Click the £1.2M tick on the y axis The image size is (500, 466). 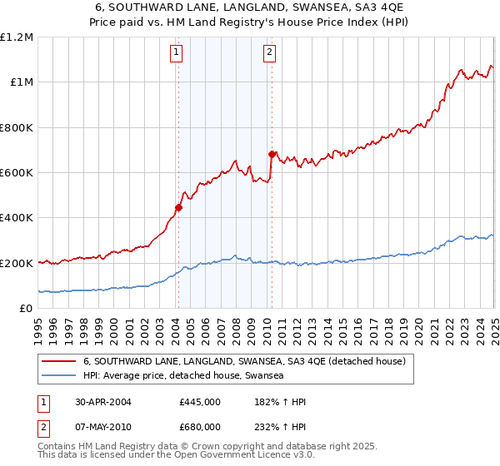pyautogui.click(x=17, y=37)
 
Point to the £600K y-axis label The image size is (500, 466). pyautogui.click(x=17, y=172)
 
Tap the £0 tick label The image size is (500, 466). pyautogui.click(x=27, y=308)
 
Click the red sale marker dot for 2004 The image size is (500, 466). pyautogui.click(x=178, y=208)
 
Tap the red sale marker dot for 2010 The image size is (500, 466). pyautogui.click(x=271, y=154)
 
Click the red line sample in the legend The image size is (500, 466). pyautogui.click(x=58, y=361)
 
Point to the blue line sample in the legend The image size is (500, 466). pyautogui.click(x=58, y=375)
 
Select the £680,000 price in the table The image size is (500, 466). pyautogui.click(x=200, y=426)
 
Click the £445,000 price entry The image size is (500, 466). pyautogui.click(x=200, y=402)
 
